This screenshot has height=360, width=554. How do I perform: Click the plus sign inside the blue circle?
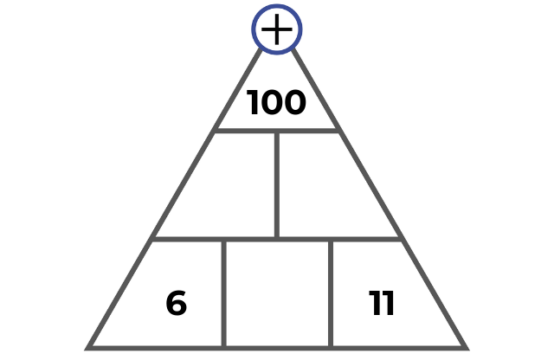[x=277, y=29]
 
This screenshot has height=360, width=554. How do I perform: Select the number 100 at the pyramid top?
[x=276, y=102]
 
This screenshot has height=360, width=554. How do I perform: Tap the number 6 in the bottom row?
[x=177, y=303]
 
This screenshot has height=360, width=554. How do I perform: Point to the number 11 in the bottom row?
[x=381, y=303]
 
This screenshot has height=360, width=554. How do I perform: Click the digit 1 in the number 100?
[x=253, y=102]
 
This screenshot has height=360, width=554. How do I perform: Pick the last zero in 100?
[x=294, y=102]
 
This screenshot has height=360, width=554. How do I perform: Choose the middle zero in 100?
[x=271, y=102]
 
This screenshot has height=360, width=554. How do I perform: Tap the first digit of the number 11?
[x=374, y=303]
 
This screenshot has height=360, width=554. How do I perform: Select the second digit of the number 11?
[x=388, y=303]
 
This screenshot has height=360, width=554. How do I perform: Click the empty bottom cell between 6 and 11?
[x=277, y=293]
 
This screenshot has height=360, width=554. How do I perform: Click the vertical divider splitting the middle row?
[x=277, y=185]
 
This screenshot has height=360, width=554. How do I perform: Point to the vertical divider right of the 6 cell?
[x=224, y=294]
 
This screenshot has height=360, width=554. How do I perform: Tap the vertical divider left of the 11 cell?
[x=331, y=294]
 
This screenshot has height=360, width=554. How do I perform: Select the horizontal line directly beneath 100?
[x=277, y=131]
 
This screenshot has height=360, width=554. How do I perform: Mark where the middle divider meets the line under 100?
[x=277, y=131]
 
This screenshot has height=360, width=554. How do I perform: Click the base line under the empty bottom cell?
[x=277, y=349]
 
